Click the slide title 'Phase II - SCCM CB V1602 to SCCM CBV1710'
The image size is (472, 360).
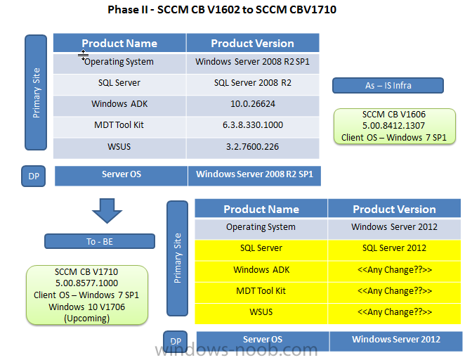coord(222,10)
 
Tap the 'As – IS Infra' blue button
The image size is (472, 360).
coord(388,86)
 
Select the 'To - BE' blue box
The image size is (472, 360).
coord(100,241)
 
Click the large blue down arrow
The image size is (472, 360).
coord(107,210)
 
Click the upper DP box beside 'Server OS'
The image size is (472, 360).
coord(34,176)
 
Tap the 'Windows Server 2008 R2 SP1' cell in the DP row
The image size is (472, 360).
coord(254,176)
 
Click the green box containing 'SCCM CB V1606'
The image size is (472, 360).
coord(395,127)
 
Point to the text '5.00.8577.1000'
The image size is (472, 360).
coord(86,283)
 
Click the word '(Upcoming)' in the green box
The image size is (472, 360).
coord(86,319)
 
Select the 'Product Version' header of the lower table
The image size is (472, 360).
coord(394,209)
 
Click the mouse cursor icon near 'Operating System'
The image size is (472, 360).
coord(83,55)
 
